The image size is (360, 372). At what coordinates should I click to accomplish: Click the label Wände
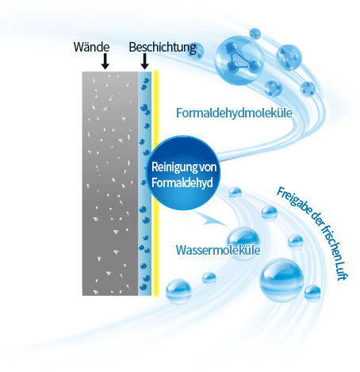pos(91,47)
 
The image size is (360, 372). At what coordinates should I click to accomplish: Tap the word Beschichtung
pos(163,48)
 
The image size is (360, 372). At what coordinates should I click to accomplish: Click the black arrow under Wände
pos(105,61)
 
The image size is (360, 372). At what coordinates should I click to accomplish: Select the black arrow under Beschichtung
pos(144,61)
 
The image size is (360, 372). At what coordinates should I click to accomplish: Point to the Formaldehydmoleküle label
pos(234,113)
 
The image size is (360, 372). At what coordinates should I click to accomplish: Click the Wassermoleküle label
pos(218,250)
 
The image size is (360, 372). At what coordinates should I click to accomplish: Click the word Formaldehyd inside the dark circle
pos(182,183)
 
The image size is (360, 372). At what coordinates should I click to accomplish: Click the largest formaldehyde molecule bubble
pos(239,60)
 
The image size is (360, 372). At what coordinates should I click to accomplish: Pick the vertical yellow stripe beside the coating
pos(156,183)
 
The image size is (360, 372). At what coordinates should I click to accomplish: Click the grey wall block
pos(110,183)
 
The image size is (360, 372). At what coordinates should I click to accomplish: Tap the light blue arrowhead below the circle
pos(212,219)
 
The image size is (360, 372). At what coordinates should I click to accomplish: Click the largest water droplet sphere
pos(281,280)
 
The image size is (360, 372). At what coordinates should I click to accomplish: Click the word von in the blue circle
pos(208,167)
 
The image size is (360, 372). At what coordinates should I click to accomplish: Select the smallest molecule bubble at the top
pos(255,33)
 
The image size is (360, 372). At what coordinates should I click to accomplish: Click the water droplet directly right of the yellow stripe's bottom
pos(178,291)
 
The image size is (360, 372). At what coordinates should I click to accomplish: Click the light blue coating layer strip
pos(145,183)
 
